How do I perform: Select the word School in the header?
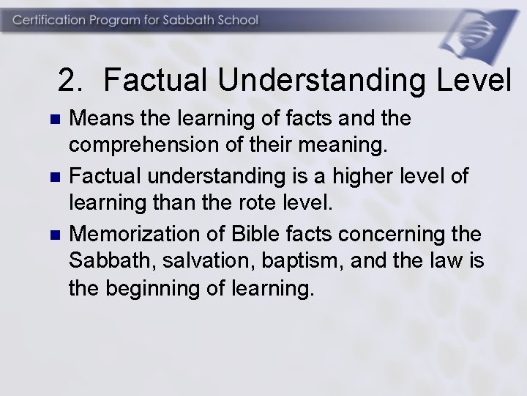point(236,20)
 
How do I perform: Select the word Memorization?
point(135,235)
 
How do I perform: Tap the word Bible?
point(248,235)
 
